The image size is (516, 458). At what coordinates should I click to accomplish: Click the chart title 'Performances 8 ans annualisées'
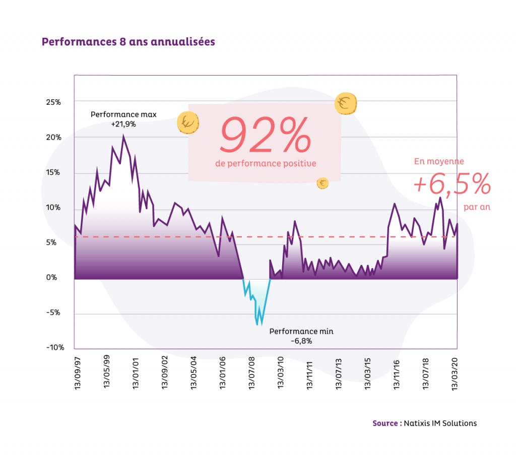pos(128,42)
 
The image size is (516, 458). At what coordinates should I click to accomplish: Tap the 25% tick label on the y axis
pos(53,102)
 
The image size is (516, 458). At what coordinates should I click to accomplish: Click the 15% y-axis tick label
pos(53,172)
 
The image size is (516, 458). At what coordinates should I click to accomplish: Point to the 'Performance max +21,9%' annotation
pos(123,118)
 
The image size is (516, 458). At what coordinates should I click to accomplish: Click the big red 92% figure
pos(266,136)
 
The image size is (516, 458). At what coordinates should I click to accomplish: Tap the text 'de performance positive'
pos(266,163)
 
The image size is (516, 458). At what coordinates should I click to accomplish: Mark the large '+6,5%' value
pos(451,185)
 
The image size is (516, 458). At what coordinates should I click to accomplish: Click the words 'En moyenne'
pos(439,162)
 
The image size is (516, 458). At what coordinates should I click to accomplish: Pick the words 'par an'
pos(477,207)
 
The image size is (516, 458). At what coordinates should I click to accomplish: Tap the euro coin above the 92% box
pos(346,104)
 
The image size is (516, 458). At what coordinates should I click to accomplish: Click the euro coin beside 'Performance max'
pos(188,122)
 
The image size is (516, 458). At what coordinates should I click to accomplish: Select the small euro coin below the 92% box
pos(322,183)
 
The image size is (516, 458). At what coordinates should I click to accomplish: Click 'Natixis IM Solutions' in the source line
pos(440,423)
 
